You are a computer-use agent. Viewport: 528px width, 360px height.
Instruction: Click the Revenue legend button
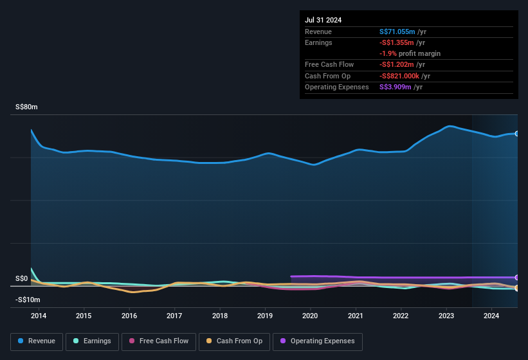(x=37, y=341)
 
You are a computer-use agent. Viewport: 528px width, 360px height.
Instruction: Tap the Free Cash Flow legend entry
(x=159, y=341)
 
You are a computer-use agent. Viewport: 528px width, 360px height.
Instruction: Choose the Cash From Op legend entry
(x=234, y=341)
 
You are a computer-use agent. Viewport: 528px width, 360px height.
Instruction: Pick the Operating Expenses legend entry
(x=318, y=341)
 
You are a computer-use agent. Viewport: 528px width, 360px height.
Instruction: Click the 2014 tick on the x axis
(x=38, y=316)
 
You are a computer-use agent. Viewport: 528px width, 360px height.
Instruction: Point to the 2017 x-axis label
(x=174, y=316)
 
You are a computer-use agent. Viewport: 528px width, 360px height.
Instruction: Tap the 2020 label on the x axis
(x=310, y=316)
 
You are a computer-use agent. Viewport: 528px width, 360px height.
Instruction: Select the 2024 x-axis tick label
(x=491, y=316)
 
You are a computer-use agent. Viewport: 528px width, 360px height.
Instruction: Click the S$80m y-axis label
(x=26, y=107)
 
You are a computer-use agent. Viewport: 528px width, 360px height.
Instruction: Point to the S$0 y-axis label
(x=22, y=279)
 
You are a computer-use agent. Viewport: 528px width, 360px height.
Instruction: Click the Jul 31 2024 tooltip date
(x=323, y=20)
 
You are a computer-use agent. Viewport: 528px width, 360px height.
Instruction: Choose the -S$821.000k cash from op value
(x=405, y=76)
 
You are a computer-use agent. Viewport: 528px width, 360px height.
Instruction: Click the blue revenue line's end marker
(x=517, y=134)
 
